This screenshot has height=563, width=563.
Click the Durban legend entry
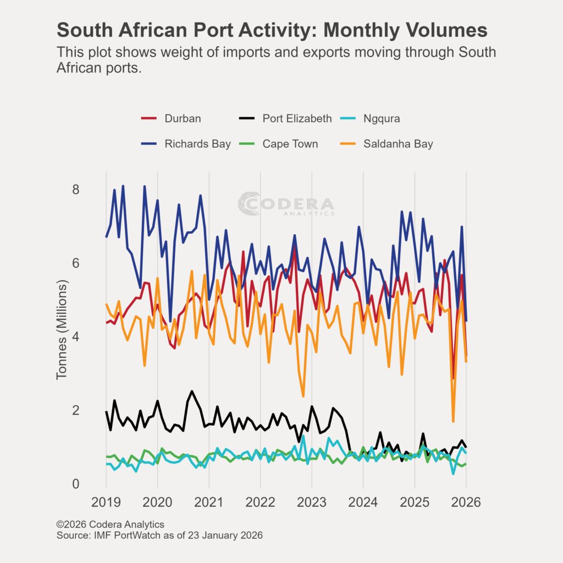pos(183,118)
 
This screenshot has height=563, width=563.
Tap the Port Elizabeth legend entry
pos(297,118)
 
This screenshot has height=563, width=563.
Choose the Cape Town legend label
pos(290,144)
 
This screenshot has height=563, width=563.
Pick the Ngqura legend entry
pos(382,118)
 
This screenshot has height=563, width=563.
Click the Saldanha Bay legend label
pos(398,144)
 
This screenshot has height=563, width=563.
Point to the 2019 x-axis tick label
pos(106,503)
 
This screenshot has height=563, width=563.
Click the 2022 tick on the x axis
pos(260,503)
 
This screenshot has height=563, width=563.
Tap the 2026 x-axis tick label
pos(466,503)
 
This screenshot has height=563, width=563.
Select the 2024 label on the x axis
pos(363,503)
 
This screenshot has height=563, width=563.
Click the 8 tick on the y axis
pos(76,190)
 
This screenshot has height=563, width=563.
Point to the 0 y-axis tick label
pos(76,484)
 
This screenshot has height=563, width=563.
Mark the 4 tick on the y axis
pos(76,336)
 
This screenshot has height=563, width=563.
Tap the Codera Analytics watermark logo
pos(286,203)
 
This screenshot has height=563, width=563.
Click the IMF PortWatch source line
pos(159,535)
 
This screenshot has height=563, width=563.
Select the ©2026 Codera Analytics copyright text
pos(110,525)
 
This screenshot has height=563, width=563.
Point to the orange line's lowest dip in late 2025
pos(453,421)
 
